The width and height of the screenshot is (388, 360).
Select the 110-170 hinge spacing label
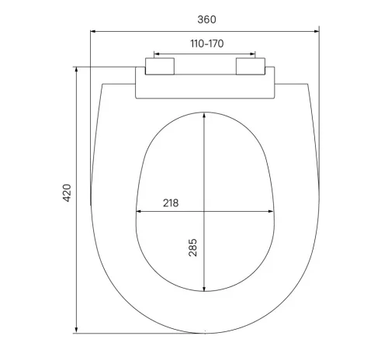coord(206,43)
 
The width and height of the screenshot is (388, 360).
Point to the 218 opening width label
coord(171,202)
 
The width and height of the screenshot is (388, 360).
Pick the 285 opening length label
coord(193,247)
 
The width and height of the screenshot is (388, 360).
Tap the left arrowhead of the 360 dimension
coord(94,31)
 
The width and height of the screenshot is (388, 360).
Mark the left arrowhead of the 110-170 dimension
coord(156,54)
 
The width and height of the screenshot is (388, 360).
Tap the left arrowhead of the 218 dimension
coord(138,210)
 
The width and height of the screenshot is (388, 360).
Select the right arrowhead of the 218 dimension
coord(274,210)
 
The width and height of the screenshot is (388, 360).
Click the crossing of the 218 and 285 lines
coord(205,210)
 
